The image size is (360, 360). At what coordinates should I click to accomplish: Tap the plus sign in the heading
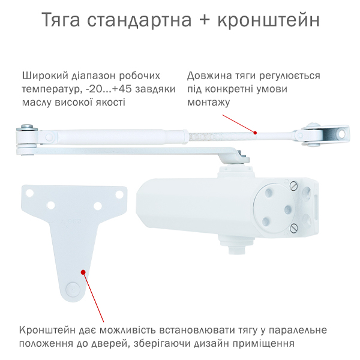(x=205, y=20)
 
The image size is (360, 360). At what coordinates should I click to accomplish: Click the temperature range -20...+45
(x=112, y=89)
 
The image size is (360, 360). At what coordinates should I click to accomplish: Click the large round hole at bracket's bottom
(x=72, y=289)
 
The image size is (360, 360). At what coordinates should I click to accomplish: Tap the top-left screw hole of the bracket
(x=29, y=193)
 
